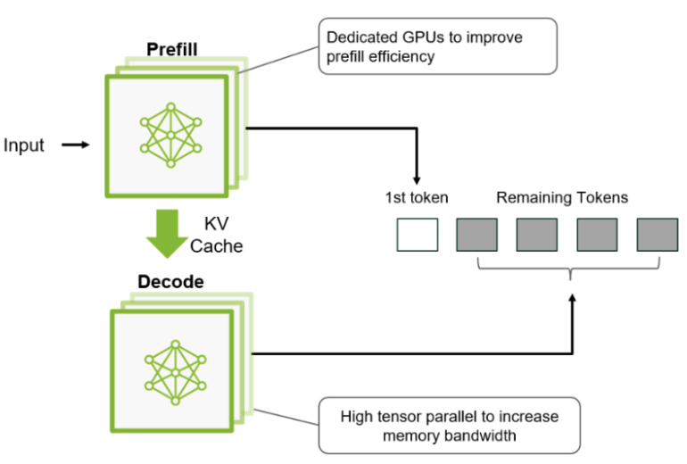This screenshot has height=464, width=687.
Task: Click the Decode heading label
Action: point(170,282)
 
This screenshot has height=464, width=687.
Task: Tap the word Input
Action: point(24,145)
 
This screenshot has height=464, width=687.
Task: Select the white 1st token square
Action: point(418,234)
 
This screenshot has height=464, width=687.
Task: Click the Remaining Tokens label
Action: point(562,197)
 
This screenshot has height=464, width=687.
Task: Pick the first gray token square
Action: point(476,234)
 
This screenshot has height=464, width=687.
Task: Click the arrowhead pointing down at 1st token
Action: point(418,178)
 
